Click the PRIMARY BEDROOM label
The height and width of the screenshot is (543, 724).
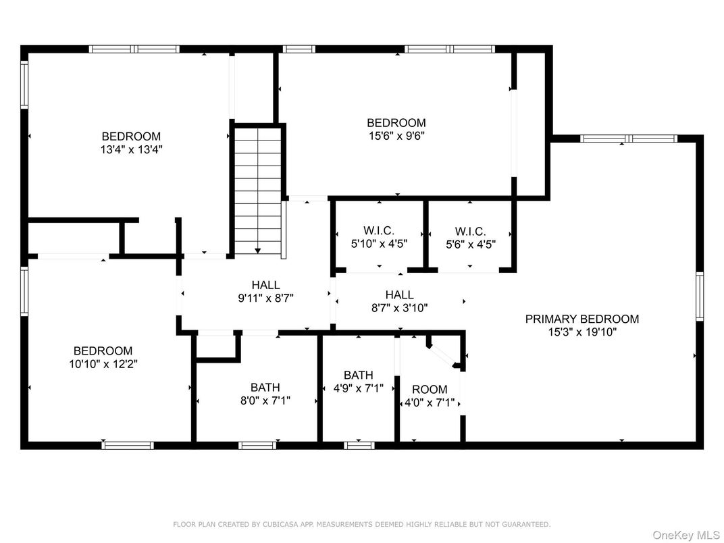point(581,319)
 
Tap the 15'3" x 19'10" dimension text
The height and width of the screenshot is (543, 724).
point(582,332)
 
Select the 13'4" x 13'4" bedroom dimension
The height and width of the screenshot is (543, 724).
point(132,150)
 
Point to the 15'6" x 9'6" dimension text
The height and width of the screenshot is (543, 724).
point(396,136)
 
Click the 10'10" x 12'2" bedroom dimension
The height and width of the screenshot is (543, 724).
point(103,364)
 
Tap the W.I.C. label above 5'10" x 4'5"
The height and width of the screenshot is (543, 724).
point(379,231)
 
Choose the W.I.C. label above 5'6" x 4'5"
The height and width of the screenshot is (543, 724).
point(470,231)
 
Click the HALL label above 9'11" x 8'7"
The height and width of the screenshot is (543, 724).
point(265,285)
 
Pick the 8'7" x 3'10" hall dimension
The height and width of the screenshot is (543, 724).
point(399,308)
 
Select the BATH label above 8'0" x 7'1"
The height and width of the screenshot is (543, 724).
point(265,388)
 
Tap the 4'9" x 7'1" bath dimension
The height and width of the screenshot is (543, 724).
point(359,388)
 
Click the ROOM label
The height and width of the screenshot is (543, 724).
point(430,389)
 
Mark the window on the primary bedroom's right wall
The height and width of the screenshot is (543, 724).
point(700,296)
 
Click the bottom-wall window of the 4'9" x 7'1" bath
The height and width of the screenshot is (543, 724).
point(359,445)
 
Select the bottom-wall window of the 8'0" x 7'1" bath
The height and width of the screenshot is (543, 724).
point(257,445)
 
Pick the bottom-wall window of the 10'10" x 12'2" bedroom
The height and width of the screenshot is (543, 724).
point(128,445)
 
